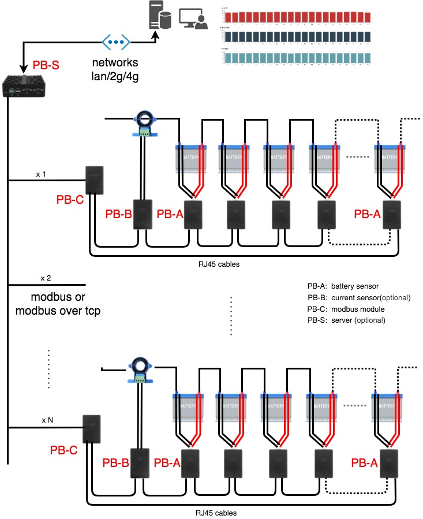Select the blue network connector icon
116,42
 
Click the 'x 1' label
40,173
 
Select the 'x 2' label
46,278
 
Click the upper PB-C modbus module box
94,180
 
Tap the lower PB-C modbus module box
92,429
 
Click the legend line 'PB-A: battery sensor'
343,286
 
